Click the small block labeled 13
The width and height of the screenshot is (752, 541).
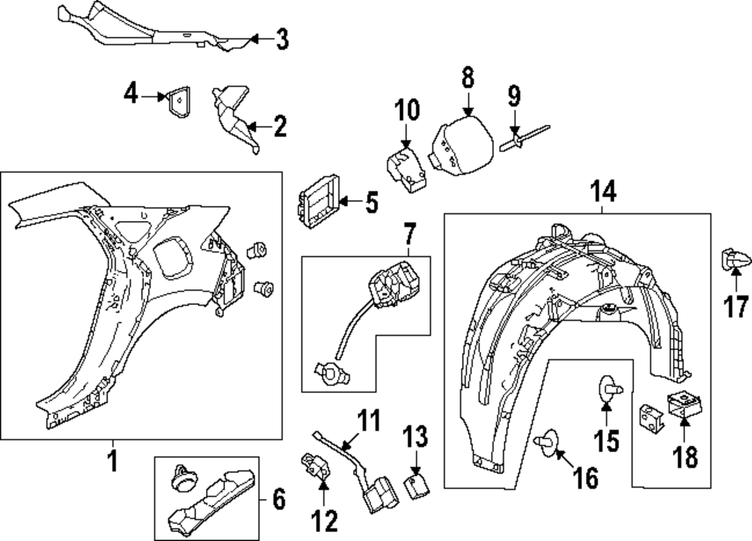(x=416, y=484)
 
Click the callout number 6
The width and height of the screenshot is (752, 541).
(x=278, y=499)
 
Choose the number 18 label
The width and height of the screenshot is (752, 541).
(x=686, y=456)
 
